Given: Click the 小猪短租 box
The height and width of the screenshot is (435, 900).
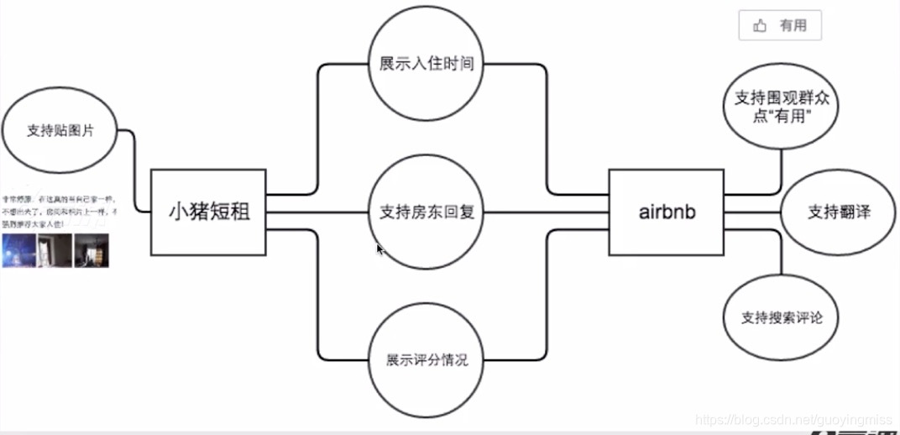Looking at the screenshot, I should pyautogui.click(x=208, y=212).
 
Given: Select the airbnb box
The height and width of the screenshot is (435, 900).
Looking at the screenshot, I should pyautogui.click(x=667, y=212).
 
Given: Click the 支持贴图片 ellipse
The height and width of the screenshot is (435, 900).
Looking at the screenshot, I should pyautogui.click(x=60, y=131).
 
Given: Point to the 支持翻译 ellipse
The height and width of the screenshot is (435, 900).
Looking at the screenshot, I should pyautogui.click(x=839, y=212).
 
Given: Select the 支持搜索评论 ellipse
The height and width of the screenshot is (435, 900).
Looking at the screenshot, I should pyautogui.click(x=781, y=318).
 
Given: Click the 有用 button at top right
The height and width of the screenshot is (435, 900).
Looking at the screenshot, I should pyautogui.click(x=780, y=26).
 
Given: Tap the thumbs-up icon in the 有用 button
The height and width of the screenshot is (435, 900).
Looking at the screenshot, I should pyautogui.click(x=761, y=26).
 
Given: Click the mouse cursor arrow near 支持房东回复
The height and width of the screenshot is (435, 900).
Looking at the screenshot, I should pyautogui.click(x=379, y=249).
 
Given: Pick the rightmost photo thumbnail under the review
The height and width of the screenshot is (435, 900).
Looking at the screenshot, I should pyautogui.click(x=92, y=250).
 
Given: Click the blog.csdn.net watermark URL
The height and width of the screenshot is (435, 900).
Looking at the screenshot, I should pyautogui.click(x=795, y=418).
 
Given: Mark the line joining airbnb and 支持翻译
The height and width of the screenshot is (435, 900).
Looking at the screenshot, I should pyautogui.click(x=752, y=212).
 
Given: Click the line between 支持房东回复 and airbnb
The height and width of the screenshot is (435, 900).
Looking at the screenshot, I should pyautogui.click(x=546, y=212).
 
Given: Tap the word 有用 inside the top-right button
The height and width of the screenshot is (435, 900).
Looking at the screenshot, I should pyautogui.click(x=793, y=26).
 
